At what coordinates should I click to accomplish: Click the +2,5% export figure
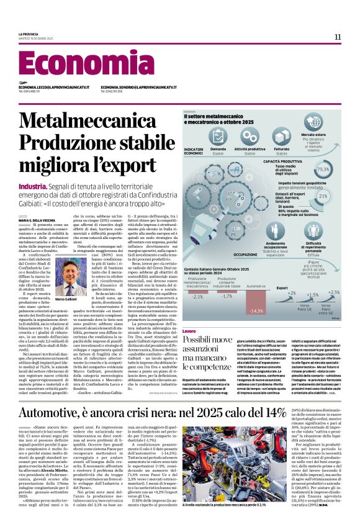tap(334, 292)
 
